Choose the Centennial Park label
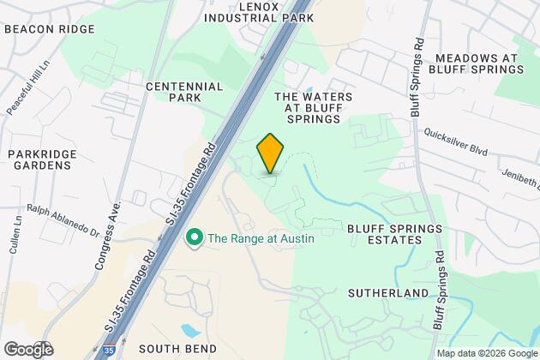pos(184,93)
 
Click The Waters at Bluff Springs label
pos(313,110)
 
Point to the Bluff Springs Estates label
pos(395,234)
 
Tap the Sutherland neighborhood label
pos(388,293)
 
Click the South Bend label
pos(170,348)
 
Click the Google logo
pos(27,349)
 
